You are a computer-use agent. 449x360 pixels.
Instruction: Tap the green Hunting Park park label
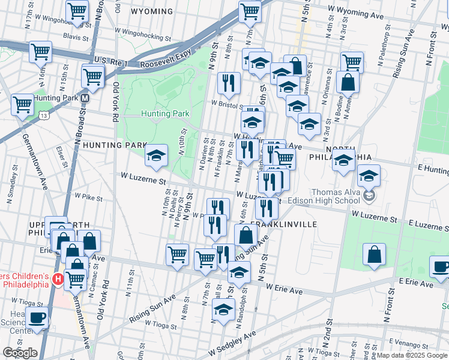165,113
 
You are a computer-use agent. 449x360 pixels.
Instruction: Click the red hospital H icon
58,279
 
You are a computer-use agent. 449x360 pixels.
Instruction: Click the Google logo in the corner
20,353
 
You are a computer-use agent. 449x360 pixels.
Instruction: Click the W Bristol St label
225,103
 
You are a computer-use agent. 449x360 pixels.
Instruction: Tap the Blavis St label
76,37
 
